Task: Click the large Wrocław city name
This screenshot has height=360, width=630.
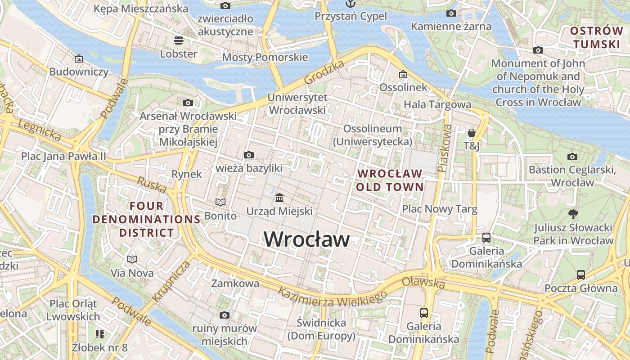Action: [x=306, y=238]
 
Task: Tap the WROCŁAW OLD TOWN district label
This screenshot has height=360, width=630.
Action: [x=390, y=180]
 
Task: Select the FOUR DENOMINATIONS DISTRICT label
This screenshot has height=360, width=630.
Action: [x=146, y=219]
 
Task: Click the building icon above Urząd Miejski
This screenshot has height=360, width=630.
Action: [x=279, y=198]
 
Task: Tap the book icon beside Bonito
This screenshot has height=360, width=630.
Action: [x=220, y=202]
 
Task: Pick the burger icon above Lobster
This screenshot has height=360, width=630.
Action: [x=179, y=40]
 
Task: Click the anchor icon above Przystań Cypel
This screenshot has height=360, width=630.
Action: [x=350, y=4]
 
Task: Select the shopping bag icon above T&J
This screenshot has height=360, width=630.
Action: [x=472, y=133]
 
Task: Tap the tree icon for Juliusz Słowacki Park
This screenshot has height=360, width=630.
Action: [x=573, y=214]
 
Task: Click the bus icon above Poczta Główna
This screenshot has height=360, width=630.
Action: [x=581, y=274]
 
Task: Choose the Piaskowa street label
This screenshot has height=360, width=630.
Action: [x=445, y=148]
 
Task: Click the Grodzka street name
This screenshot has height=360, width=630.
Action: [x=324, y=72]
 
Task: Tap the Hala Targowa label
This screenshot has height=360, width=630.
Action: [x=437, y=104]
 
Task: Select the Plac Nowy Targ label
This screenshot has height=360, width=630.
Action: [x=439, y=209]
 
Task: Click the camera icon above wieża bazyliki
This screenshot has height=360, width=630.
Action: [x=248, y=155]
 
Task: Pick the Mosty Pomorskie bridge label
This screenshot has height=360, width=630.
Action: [x=265, y=57]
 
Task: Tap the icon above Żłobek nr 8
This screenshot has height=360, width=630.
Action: [x=100, y=334]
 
